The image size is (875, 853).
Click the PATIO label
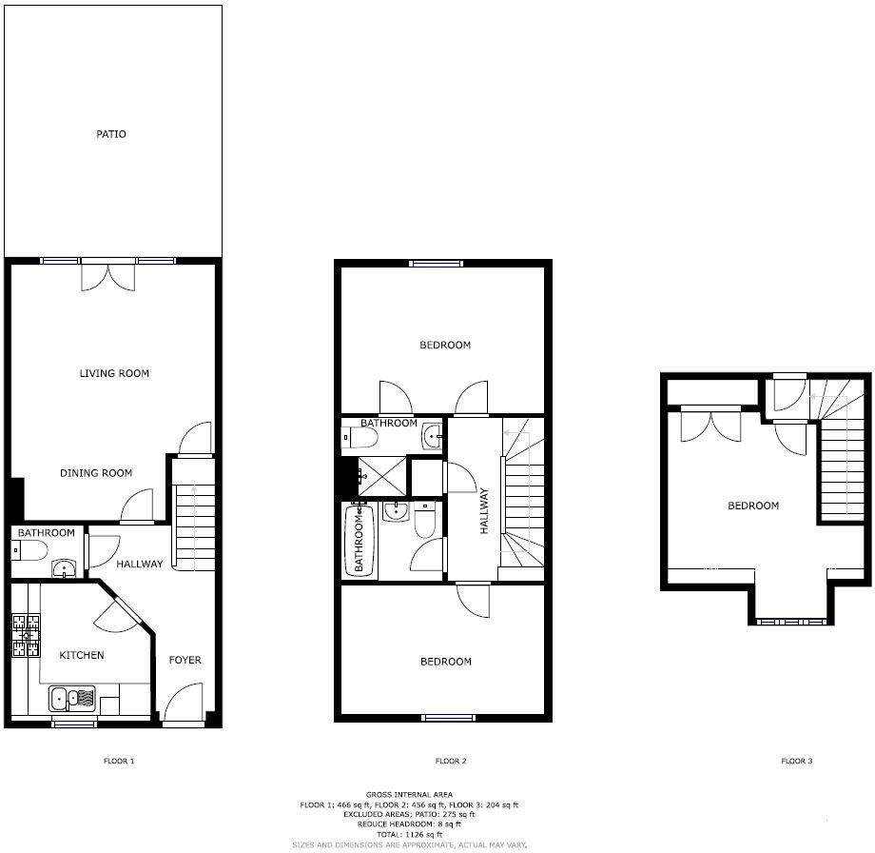tap(111, 134)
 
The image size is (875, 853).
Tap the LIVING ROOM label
tap(114, 373)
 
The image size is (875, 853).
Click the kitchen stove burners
tap(26, 635)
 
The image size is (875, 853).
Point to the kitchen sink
tap(72, 699)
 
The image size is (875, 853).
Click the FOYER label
tap(185, 660)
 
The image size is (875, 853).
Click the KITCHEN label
tap(82, 655)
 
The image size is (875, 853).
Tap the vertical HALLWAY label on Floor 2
tap(484, 510)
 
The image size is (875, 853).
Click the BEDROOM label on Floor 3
tap(753, 506)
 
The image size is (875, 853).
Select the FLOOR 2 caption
tap(451, 761)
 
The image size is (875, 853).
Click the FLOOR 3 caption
tap(797, 761)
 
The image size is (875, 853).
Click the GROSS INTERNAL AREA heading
tap(409, 794)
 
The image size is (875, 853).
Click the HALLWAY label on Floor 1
tap(140, 564)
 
